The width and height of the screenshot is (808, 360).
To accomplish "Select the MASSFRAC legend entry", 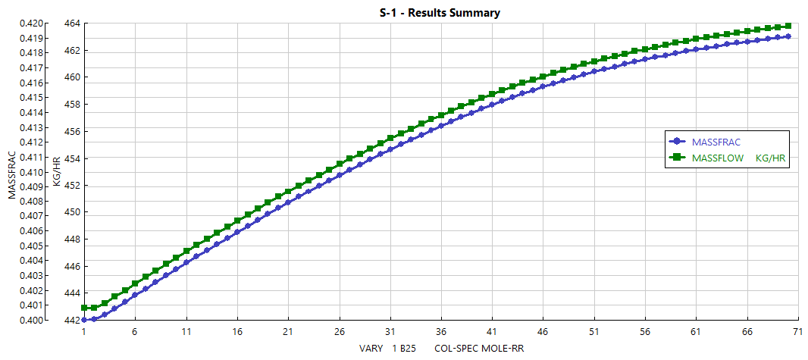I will point(716,142).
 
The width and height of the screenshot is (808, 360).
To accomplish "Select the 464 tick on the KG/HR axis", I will point(72,23).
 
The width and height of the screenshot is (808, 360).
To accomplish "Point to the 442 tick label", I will point(72,321).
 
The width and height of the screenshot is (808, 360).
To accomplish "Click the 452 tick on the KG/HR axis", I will point(72,186).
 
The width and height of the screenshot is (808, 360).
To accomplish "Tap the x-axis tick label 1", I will point(84,332).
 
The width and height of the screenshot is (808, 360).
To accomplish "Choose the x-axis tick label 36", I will point(440,332).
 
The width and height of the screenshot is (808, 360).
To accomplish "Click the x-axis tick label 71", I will point(797,332).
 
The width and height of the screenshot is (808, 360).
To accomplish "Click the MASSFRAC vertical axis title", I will point(11,172).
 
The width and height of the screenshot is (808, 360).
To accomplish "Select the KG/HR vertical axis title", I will point(56,172).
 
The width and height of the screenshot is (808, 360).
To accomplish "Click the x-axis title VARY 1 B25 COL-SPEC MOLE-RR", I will point(442,349).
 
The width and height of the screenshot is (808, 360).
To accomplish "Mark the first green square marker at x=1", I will point(84,308).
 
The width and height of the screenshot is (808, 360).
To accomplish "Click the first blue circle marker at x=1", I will point(84,320).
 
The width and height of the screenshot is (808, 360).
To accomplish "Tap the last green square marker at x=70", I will point(788,26).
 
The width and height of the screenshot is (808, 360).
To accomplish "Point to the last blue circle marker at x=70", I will point(788,36).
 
